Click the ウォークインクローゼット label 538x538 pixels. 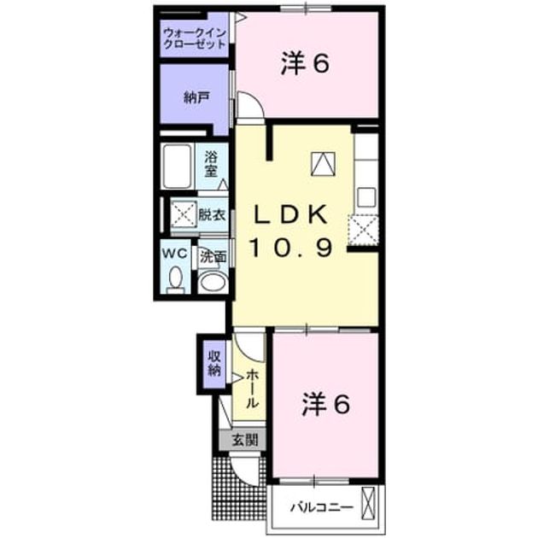(195, 38)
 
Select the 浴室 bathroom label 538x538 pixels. (212, 165)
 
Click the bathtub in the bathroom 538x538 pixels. (177, 167)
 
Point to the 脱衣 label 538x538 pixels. (212, 215)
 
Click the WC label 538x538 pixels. (175, 254)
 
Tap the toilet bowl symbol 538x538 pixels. (175, 278)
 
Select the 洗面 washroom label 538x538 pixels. (213, 256)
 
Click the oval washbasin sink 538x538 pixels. (213, 283)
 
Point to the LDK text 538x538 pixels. (290, 215)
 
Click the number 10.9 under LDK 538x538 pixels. (291, 248)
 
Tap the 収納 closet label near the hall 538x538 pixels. (214, 365)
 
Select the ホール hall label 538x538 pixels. (252, 389)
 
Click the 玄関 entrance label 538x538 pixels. (244, 440)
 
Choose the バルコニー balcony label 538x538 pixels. (322, 507)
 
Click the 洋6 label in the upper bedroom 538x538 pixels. (305, 63)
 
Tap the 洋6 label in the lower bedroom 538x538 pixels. (325, 405)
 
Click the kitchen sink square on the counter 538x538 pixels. (366, 197)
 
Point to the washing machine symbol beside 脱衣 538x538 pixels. (184, 214)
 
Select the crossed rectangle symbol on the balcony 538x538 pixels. (369, 503)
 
